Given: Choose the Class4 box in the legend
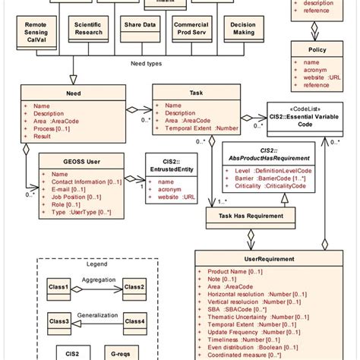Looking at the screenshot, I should tap(134, 322).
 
